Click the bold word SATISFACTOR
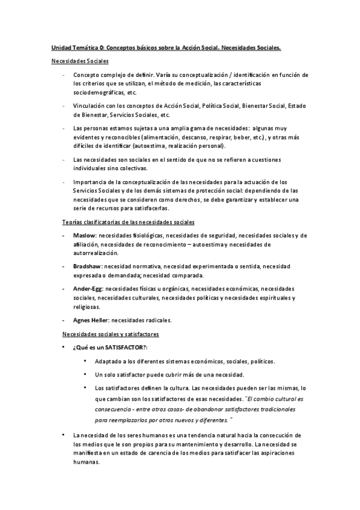[124, 348]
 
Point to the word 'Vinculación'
[90, 106]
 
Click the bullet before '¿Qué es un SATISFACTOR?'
[64, 348]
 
